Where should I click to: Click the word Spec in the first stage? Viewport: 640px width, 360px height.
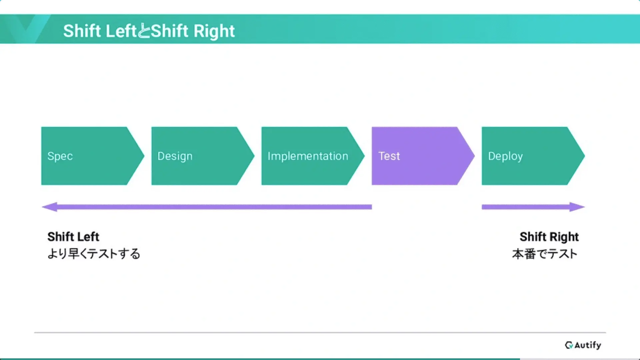coord(60,156)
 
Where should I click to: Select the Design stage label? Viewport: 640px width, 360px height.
coord(175,156)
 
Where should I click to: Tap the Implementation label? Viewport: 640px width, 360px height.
coord(308,156)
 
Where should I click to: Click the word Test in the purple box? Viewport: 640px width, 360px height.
coord(389,156)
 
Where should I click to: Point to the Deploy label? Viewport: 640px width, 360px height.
coord(505,156)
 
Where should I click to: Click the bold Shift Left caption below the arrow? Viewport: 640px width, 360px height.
coord(73,237)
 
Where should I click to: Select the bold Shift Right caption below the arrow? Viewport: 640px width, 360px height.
coord(549,237)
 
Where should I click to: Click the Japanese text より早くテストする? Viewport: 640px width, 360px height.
coord(94,254)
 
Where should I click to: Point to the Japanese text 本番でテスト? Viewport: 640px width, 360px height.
coord(545,254)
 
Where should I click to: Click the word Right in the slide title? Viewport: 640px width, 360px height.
coord(214,31)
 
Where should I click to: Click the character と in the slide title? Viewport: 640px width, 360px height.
coord(144,31)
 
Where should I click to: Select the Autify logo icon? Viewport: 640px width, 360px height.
coord(569,345)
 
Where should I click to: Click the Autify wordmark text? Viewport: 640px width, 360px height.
coord(588,345)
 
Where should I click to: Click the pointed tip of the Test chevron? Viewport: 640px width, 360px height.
coord(474,156)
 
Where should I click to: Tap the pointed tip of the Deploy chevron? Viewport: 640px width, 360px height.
coord(584,156)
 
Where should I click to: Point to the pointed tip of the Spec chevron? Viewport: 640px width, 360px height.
coord(144,156)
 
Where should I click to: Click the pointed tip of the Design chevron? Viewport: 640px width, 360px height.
coord(254,156)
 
